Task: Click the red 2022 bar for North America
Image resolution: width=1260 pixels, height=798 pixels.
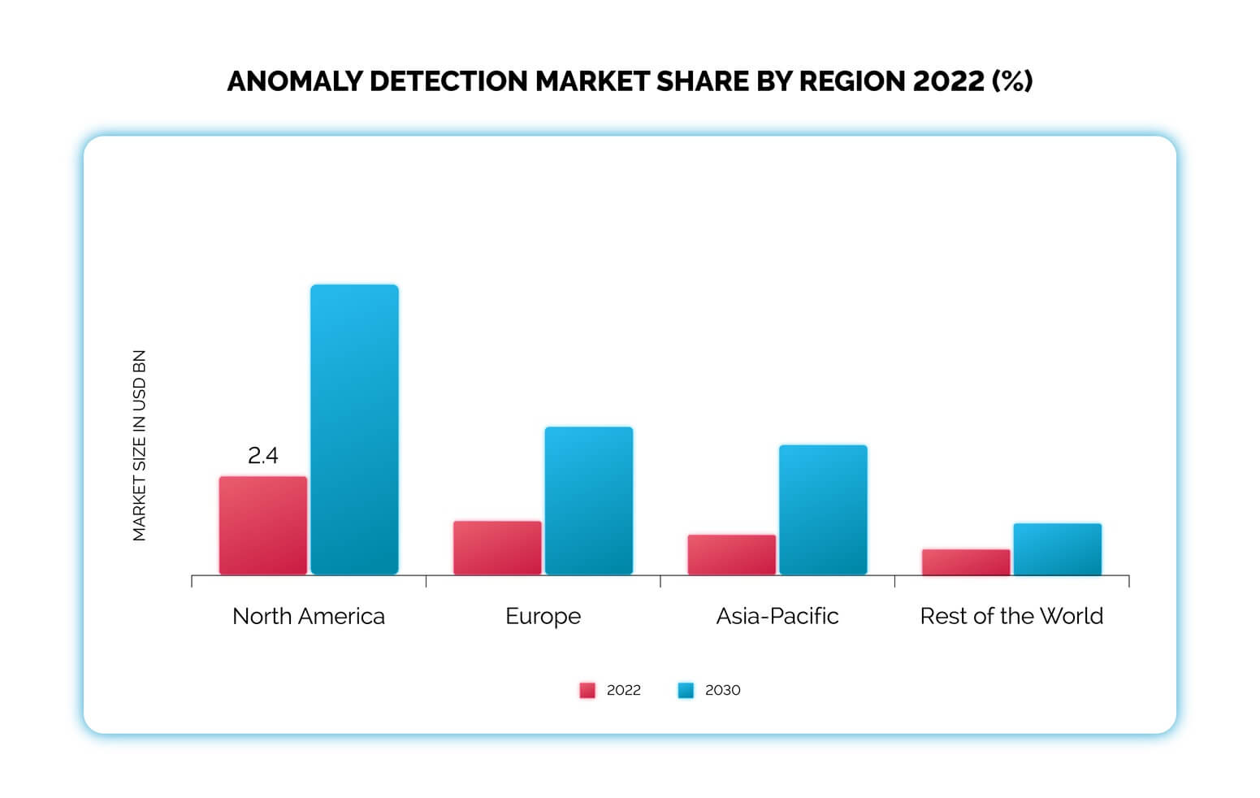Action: [262, 525]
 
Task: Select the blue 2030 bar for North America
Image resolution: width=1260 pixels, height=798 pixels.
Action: [354, 429]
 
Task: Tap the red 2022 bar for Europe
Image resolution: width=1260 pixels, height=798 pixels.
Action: [497, 547]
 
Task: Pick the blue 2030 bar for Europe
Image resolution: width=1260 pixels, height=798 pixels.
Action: [588, 501]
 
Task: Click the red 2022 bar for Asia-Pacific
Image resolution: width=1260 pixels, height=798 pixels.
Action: [731, 554]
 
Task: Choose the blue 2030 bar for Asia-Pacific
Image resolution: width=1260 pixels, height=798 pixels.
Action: [823, 510]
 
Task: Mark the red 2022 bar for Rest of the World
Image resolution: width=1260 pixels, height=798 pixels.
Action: [966, 562]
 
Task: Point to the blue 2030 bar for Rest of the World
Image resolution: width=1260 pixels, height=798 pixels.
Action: [1057, 549]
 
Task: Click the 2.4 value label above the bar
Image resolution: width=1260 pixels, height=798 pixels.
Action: [262, 456]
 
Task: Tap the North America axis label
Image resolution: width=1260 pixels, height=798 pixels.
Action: [309, 616]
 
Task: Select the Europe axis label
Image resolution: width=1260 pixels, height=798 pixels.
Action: [543, 616]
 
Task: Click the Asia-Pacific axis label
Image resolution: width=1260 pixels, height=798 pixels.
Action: [777, 616]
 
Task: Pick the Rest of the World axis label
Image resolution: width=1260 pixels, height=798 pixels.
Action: [1011, 616]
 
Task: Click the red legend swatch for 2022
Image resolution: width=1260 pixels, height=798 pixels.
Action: [587, 690]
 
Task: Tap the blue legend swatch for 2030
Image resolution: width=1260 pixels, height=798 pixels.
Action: [686, 690]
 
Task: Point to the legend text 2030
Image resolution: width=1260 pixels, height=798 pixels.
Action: [722, 690]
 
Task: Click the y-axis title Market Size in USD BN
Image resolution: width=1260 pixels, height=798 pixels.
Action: [139, 445]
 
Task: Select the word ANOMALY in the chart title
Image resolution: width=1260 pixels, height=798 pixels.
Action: [294, 81]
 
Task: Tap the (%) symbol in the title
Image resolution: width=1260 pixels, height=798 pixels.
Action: [1012, 81]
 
